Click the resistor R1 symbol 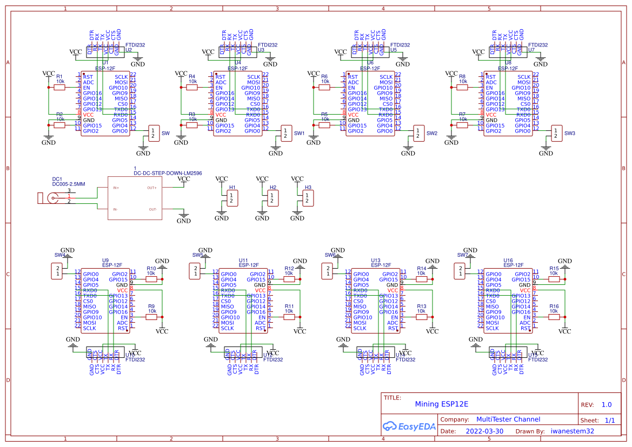(x=59, y=87)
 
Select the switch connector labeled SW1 (x=286, y=133)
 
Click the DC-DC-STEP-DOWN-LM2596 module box (x=135, y=198)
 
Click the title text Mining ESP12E (x=441, y=404)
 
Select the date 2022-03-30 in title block (x=484, y=431)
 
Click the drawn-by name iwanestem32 (x=572, y=431)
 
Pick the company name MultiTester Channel (x=508, y=419)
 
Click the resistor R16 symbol (x=554, y=317)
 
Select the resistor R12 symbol (x=289, y=279)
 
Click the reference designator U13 (x=376, y=260)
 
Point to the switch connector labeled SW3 (x=556, y=133)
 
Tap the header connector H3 (x=308, y=198)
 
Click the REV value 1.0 (x=607, y=404)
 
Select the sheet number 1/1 (x=609, y=420)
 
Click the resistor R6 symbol (x=324, y=87)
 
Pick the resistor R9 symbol (x=151, y=317)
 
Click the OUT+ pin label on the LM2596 (x=152, y=188)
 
